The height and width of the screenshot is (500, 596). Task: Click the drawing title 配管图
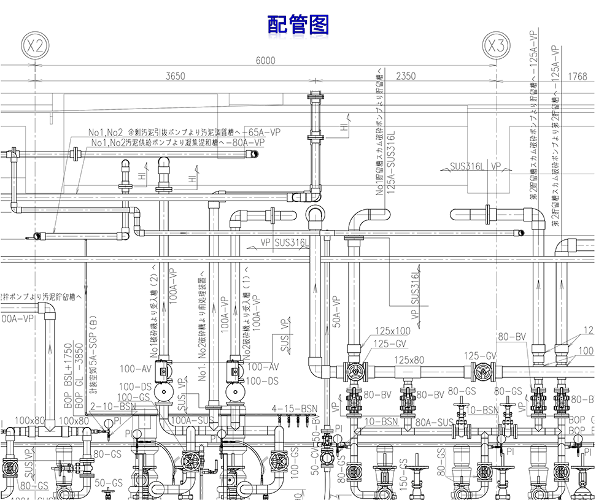pos(298,24)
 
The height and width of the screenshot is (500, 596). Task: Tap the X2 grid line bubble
pos(35,45)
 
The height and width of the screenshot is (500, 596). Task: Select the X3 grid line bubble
pos(496,45)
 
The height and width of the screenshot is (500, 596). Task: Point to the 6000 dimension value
pos(265,60)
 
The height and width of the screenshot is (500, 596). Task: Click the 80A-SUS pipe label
pos(434,421)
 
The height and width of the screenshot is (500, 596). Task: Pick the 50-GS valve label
pos(109,482)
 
